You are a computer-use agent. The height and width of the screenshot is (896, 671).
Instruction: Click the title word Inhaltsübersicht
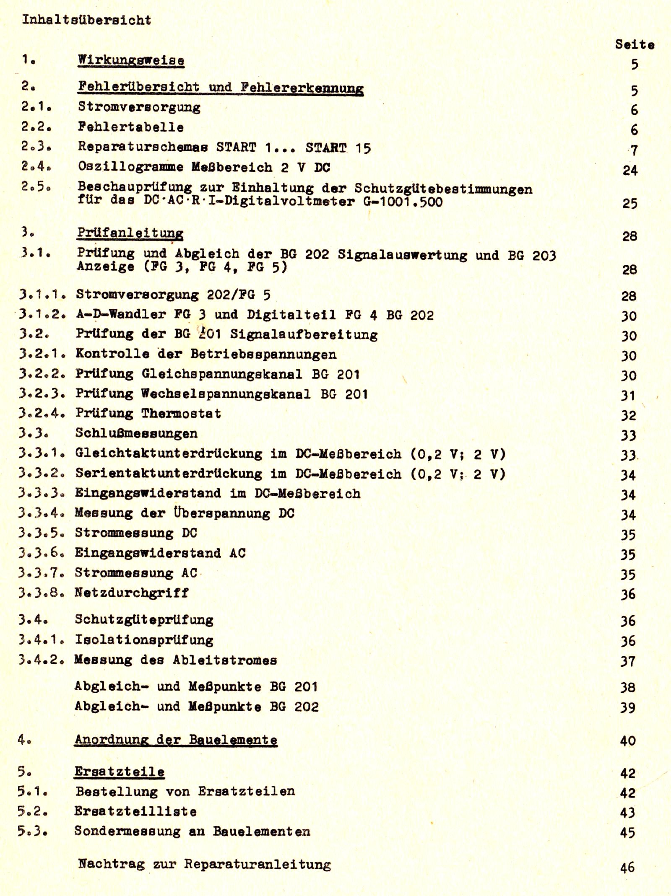coord(86,20)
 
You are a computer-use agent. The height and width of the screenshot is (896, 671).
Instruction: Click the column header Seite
coord(635,44)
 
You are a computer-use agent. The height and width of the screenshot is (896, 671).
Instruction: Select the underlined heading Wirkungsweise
coord(131,60)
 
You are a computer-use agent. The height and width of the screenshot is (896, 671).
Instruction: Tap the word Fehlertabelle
coord(131,127)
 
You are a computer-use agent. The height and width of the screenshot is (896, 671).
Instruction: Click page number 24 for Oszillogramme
coord(630,170)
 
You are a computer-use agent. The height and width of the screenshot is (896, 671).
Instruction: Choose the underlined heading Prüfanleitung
coord(130,233)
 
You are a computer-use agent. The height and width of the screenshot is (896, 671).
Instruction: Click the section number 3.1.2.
coord(42,314)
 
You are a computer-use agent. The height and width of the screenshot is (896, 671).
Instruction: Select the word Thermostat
coord(181,413)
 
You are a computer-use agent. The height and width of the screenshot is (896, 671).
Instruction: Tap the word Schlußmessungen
coord(136,433)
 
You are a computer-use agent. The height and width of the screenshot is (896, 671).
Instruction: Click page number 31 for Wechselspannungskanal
coord(629,395)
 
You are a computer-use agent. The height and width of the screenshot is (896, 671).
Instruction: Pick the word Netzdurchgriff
coord(132,592)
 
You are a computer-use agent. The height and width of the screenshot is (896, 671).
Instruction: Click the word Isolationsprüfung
coord(144,640)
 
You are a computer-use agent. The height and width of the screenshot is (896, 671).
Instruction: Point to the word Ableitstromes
coord(225,660)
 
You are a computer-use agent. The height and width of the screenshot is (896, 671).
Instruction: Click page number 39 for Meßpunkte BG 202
coord(628,707)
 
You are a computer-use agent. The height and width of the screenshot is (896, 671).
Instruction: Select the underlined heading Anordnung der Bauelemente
coord(176,740)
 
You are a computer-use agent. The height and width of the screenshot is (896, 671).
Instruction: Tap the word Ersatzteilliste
coord(135,811)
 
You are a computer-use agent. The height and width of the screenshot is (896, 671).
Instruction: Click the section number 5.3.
coord(32,831)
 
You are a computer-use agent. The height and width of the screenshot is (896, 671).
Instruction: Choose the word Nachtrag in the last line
coord(111,864)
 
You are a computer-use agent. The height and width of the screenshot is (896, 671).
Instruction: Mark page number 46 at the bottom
coord(627,867)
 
